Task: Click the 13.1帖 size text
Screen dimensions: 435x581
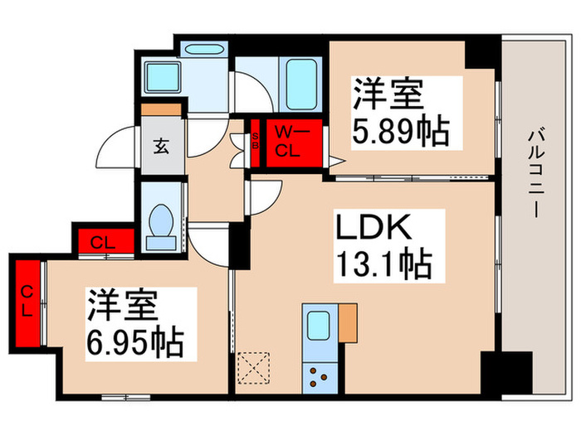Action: coord(383,264)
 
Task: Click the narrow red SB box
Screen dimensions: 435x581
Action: coord(256,142)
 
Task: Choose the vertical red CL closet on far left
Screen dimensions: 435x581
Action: coord(27,302)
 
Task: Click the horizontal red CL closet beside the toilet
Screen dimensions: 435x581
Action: coord(104,242)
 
